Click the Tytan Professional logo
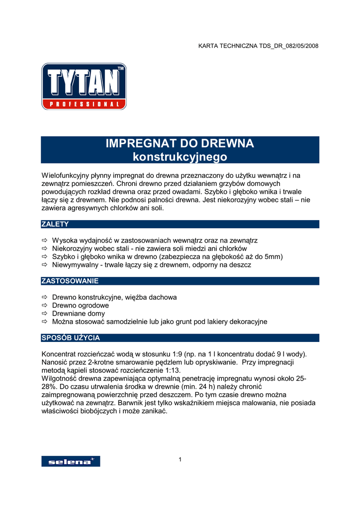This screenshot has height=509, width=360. (84, 86)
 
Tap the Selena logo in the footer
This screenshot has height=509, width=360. (70, 461)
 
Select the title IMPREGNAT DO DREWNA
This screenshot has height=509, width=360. (180, 144)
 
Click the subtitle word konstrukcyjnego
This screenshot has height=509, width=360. (180, 157)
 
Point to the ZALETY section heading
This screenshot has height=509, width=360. (55, 224)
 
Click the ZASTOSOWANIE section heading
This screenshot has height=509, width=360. (70, 281)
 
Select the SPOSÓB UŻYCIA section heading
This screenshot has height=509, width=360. (71, 338)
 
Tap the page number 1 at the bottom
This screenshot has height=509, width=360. (180, 459)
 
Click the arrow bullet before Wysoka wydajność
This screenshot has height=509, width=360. (44, 241)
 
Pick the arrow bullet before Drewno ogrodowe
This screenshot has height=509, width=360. (44, 306)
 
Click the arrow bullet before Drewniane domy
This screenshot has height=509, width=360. (44, 314)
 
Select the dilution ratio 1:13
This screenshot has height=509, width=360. (172, 370)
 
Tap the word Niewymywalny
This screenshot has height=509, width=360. (75, 265)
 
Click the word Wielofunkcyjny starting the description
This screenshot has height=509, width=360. (66, 175)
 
